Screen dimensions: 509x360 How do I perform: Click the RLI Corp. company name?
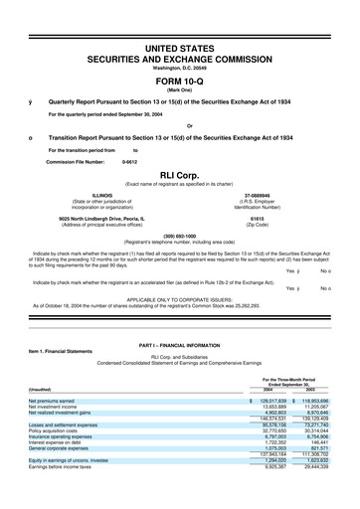pyautogui.click(x=180, y=171)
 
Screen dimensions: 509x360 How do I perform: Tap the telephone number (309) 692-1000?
pyautogui.click(x=180, y=236)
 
